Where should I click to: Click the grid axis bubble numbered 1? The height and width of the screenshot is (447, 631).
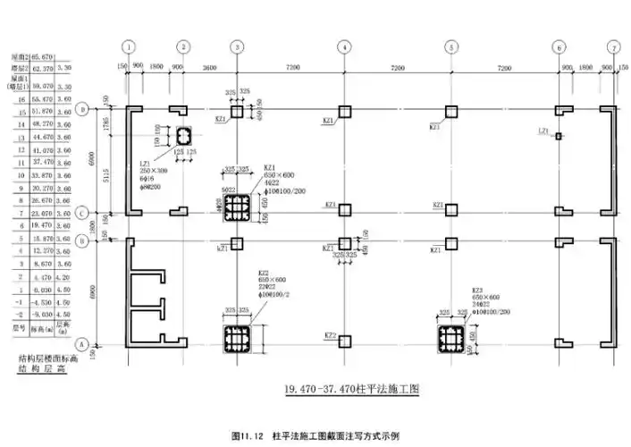(130, 46)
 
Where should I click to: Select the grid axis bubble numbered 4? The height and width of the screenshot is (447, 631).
(343, 46)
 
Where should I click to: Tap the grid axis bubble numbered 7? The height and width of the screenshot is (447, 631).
(613, 46)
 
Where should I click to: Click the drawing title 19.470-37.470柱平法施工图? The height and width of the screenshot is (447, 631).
(351, 390)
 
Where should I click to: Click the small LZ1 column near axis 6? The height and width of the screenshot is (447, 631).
(559, 136)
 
